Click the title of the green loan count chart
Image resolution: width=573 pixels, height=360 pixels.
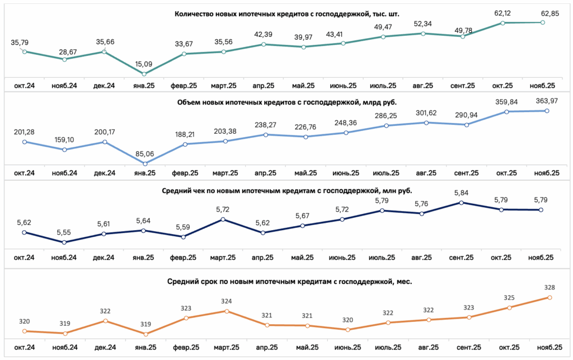287,14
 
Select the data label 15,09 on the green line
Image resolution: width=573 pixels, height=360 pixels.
144,64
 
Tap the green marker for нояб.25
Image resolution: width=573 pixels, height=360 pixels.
543,22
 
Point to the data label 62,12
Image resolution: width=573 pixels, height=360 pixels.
502,13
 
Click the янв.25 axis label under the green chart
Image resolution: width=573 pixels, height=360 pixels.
144,86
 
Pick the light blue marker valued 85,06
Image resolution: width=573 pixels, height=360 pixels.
145,163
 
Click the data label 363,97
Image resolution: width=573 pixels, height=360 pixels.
547,101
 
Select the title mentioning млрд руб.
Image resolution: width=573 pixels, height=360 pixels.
287,102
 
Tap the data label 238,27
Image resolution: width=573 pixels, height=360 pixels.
266,125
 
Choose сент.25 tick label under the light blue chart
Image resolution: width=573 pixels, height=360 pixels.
466,173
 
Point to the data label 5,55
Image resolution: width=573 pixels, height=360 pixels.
64,232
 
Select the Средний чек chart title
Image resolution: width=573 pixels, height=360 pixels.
287,191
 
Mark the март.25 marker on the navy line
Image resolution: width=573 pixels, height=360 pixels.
223,219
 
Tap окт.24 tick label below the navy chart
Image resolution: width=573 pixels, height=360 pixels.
24,258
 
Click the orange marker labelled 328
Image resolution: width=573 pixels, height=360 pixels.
549,297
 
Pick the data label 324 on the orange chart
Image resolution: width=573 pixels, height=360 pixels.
227,302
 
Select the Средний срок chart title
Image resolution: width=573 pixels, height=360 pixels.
289,282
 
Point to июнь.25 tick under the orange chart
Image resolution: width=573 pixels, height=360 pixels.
347,347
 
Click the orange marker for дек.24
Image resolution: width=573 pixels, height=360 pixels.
106,321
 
